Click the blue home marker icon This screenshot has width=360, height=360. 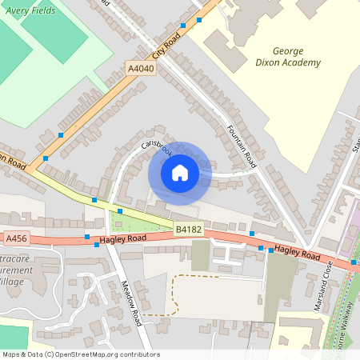[x=180, y=172]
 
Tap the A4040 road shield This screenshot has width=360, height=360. [x=141, y=70]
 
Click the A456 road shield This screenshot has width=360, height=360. [x=17, y=238]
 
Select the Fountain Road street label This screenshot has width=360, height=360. [x=241, y=145]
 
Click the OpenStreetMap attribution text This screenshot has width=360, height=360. [x=81, y=353]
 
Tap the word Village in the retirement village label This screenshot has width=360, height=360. [x=11, y=282]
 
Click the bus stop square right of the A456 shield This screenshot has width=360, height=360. [x=87, y=237]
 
